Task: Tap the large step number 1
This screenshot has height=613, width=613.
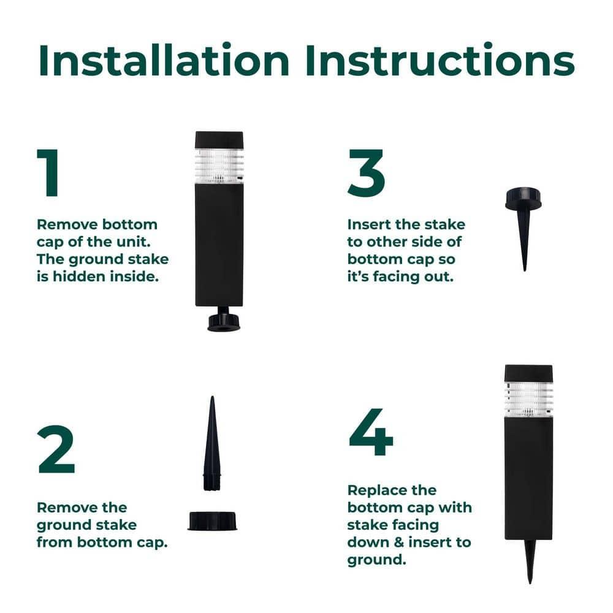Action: tap(48, 173)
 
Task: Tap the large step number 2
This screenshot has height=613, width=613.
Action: tap(56, 449)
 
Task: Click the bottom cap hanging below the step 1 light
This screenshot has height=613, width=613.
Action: tap(224, 321)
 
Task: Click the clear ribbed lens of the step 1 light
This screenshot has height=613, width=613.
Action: tap(219, 166)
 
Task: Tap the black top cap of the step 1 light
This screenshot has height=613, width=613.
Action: tap(219, 140)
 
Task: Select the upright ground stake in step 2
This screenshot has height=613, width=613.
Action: tap(211, 444)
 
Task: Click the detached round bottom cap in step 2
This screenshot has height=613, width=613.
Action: tap(211, 521)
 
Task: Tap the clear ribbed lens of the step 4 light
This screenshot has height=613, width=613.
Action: tap(528, 399)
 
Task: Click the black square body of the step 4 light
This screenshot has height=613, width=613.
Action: tap(528, 478)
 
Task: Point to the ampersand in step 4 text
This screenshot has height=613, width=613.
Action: tap(409, 543)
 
